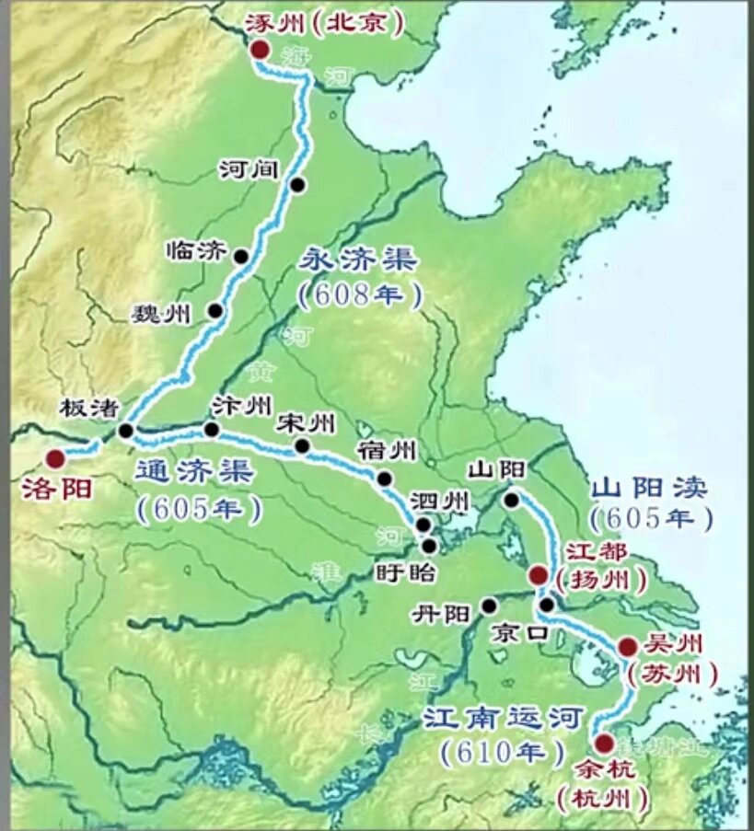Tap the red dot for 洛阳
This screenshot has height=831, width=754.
coord(56,457)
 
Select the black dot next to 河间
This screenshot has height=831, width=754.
coord(297,185)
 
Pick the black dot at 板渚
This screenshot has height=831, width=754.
coord(126,430)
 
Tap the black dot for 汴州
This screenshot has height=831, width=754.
coord(212,429)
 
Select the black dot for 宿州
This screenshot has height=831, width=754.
coord(385,479)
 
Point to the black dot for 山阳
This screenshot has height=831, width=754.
coord(512,500)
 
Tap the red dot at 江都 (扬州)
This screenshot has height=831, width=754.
coord(539,576)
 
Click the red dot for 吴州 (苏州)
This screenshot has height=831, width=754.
coord(628,647)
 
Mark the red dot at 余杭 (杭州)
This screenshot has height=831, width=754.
coord(605,743)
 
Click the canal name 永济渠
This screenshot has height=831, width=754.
coord(359,260)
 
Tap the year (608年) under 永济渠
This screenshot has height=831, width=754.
coord(361,294)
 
